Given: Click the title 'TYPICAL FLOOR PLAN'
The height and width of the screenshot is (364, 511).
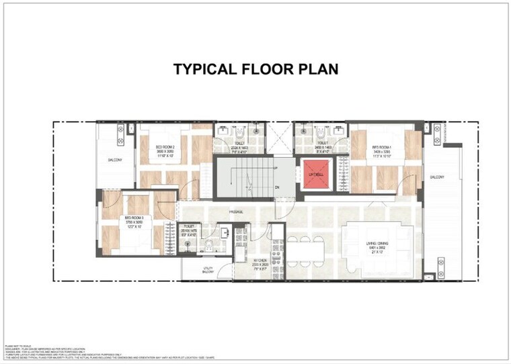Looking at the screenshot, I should [255, 69].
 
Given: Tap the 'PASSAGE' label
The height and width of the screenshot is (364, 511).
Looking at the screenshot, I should [235, 212].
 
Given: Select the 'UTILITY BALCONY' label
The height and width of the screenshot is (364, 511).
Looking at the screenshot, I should [208, 269].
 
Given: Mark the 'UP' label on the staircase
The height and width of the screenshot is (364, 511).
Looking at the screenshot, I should [276, 168].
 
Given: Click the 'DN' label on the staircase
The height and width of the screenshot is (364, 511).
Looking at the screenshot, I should [276, 187].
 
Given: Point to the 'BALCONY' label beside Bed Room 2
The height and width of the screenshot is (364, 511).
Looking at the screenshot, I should [114, 160].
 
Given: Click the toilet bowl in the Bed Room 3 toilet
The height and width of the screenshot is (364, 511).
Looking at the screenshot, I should [209, 245].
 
